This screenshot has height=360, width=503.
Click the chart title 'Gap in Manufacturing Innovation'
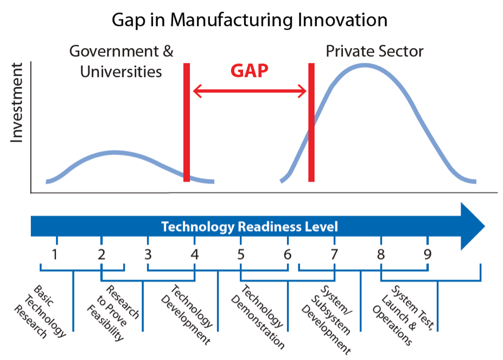point(250,20)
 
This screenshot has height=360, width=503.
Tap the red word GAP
point(249,71)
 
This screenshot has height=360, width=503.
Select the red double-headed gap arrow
point(250,91)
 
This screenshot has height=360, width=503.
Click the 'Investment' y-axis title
point(17,103)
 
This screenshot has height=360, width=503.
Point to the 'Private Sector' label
point(374,52)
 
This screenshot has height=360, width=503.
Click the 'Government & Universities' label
point(121,61)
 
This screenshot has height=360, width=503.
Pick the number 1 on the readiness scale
point(55,254)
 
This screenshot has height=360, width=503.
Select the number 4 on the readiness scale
point(194,254)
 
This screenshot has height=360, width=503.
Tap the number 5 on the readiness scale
point(241,254)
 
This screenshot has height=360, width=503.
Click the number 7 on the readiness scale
point(334,254)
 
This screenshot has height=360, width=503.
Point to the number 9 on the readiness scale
point(427,254)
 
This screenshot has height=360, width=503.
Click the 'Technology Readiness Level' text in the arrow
point(249,227)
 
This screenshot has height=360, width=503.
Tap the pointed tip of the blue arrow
point(485,226)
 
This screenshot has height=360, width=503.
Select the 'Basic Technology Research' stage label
point(40,312)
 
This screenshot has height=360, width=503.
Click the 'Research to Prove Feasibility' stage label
point(113,313)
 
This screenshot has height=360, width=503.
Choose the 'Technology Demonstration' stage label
point(258,317)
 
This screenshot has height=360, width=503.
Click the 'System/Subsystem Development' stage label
point(327,320)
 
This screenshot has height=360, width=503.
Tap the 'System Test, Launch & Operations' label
point(404,315)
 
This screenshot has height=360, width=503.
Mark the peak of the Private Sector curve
point(365,66)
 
